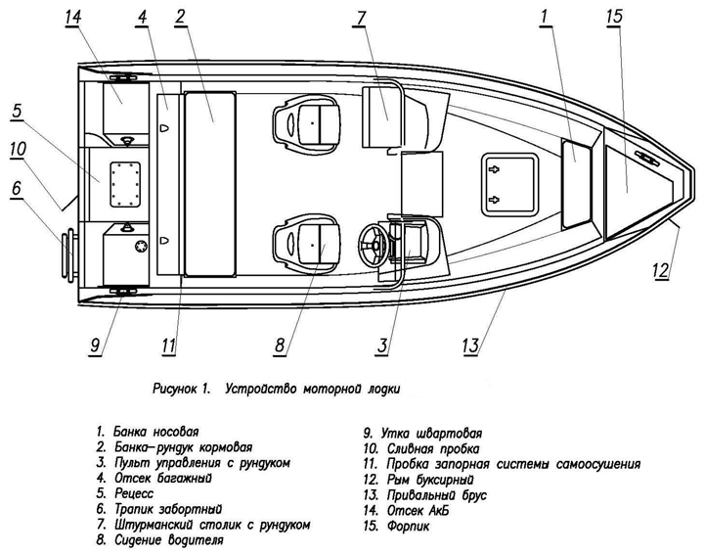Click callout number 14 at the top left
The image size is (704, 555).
click(74, 20)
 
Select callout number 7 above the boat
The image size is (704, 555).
click(361, 20)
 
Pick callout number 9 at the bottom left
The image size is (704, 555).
click(96, 344)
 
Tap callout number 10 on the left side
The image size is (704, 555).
click(17, 149)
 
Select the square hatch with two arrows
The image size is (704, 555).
click(512, 183)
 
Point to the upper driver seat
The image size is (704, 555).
click(306, 122)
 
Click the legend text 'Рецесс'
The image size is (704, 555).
click(135, 494)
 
